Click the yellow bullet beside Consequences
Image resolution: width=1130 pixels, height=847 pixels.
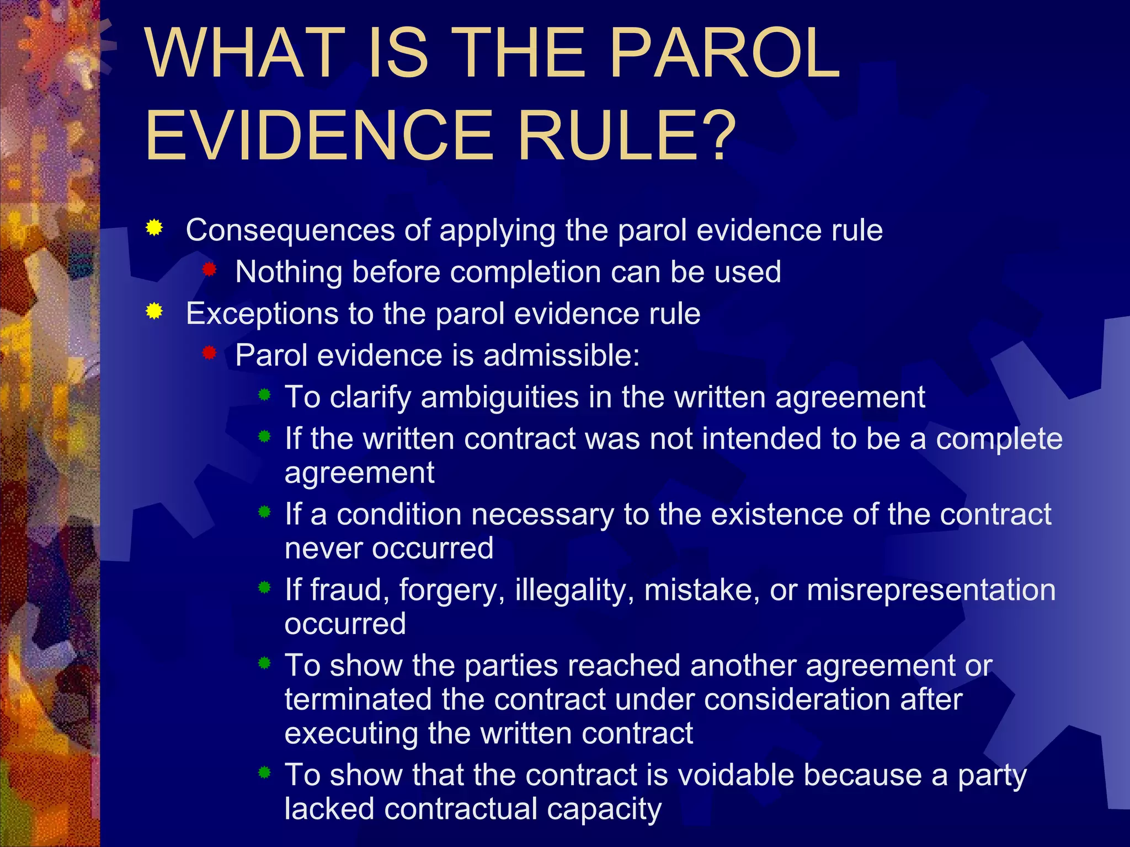coord(154,228)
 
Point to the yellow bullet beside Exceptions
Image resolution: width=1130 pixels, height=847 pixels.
coord(154,312)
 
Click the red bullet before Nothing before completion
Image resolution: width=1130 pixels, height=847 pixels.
coord(209,270)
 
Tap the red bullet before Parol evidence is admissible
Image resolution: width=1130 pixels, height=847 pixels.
coord(209,353)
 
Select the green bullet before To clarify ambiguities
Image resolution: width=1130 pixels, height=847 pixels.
coord(265,395)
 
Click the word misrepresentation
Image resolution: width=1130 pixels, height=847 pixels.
coord(931,589)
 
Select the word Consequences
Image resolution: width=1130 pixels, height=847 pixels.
coord(290,230)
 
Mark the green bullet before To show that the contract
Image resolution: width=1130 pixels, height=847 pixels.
coord(265,773)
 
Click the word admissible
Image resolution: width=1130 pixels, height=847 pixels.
coord(561,356)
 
